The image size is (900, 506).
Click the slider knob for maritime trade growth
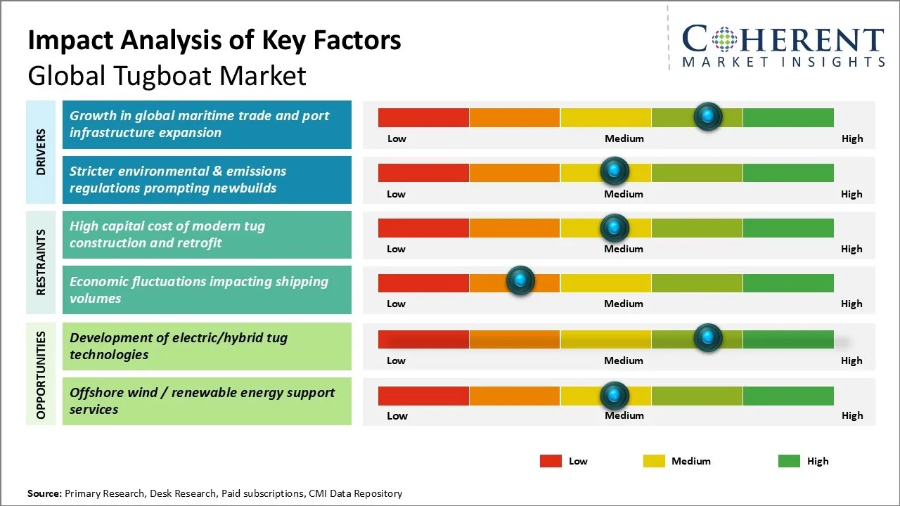[x=708, y=116]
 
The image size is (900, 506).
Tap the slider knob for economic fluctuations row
[x=520, y=281]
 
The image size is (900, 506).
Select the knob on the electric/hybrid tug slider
[x=708, y=338]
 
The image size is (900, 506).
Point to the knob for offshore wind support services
[x=615, y=396]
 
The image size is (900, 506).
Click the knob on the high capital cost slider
[x=615, y=228]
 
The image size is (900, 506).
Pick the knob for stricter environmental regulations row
[x=615, y=171]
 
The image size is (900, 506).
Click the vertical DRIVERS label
[x=41, y=151]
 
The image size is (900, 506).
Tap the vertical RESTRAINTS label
[x=41, y=261]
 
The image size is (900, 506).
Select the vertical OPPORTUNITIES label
[x=41, y=375]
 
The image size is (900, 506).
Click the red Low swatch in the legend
[x=551, y=461]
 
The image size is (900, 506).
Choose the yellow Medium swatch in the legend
[x=654, y=461]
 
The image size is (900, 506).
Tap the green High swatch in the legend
[x=789, y=461]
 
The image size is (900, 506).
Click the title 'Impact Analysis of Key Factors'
[x=214, y=41]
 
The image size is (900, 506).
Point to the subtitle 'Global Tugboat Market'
[x=167, y=75]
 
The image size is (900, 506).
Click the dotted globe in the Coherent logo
[x=724, y=39]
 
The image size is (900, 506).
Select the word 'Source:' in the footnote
[x=44, y=493]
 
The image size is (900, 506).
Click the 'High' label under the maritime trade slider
[x=852, y=138]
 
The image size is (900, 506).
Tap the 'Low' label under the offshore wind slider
[x=397, y=415]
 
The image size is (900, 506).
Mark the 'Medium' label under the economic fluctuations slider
[x=624, y=304]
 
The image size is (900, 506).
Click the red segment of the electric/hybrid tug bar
[x=423, y=339]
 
